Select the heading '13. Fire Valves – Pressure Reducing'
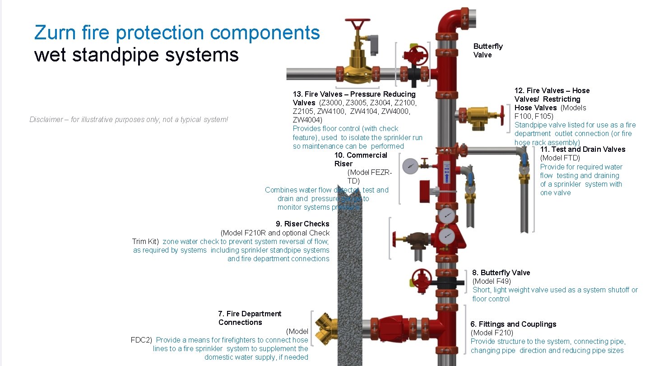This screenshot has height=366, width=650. tap(354, 94)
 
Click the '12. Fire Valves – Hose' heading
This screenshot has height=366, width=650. tap(552, 90)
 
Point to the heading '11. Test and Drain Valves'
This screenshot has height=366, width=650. tap(582, 149)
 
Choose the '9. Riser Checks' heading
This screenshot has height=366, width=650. tap(302, 224)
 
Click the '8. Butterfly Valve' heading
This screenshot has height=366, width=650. tap(501, 272)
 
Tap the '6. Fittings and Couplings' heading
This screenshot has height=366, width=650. tap(513, 324)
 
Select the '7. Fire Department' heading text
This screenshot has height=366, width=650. tap(249, 314)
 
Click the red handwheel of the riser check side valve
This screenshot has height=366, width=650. tap(395, 238)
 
